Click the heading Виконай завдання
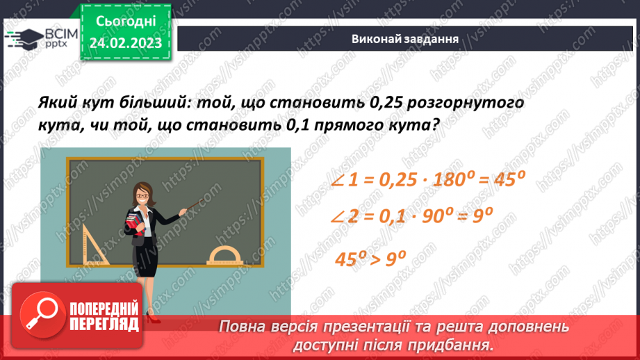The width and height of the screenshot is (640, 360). point(404,39)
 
